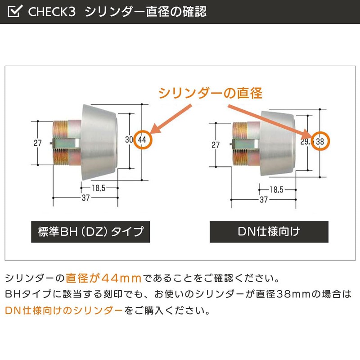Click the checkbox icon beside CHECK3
point(15,11)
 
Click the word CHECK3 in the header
point(52,12)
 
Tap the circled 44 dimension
point(142,139)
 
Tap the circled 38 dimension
point(320,141)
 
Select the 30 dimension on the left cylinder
point(129,139)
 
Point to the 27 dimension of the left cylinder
point(38,143)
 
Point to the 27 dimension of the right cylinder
point(216,144)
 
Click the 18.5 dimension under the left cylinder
point(99,188)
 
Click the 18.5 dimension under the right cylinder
point(276,190)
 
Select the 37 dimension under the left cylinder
point(85,198)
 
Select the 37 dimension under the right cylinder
point(264,199)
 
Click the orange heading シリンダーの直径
point(210,93)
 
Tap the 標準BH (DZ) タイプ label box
point(90,232)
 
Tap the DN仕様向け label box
point(269,232)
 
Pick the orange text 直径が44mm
point(103,278)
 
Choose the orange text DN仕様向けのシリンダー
point(64,310)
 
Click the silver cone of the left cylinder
point(99,142)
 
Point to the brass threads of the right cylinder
point(240,144)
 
